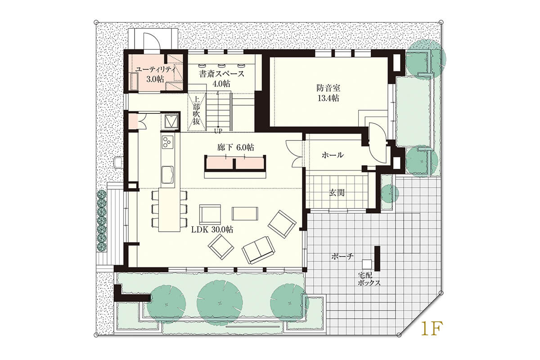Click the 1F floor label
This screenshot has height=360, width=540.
pos(432,329)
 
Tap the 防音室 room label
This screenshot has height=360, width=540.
pos(328,88)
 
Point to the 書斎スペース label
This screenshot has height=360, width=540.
pos(221,74)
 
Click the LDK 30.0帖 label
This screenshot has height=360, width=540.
pos(212,230)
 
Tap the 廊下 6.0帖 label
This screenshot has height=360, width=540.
pos(235,147)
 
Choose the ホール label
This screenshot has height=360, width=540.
pos(333,155)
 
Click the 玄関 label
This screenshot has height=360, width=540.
pos(337,193)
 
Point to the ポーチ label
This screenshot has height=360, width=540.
pos(342,256)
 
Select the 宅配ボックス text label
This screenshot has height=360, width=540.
pos(369,279)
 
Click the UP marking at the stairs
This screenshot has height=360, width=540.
pos(218,131)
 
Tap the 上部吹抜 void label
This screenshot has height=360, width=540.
pos(197,110)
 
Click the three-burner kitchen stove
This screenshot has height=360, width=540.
pos(167,142)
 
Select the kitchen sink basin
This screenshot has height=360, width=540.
pos(167,175)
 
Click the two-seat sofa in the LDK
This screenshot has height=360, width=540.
pos(258,250)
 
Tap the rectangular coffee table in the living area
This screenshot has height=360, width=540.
pos(245,213)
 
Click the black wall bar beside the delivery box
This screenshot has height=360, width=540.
pos(377,258)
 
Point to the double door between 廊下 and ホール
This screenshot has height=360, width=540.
pos(294,154)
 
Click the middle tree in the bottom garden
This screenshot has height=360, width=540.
pos(220,302)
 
